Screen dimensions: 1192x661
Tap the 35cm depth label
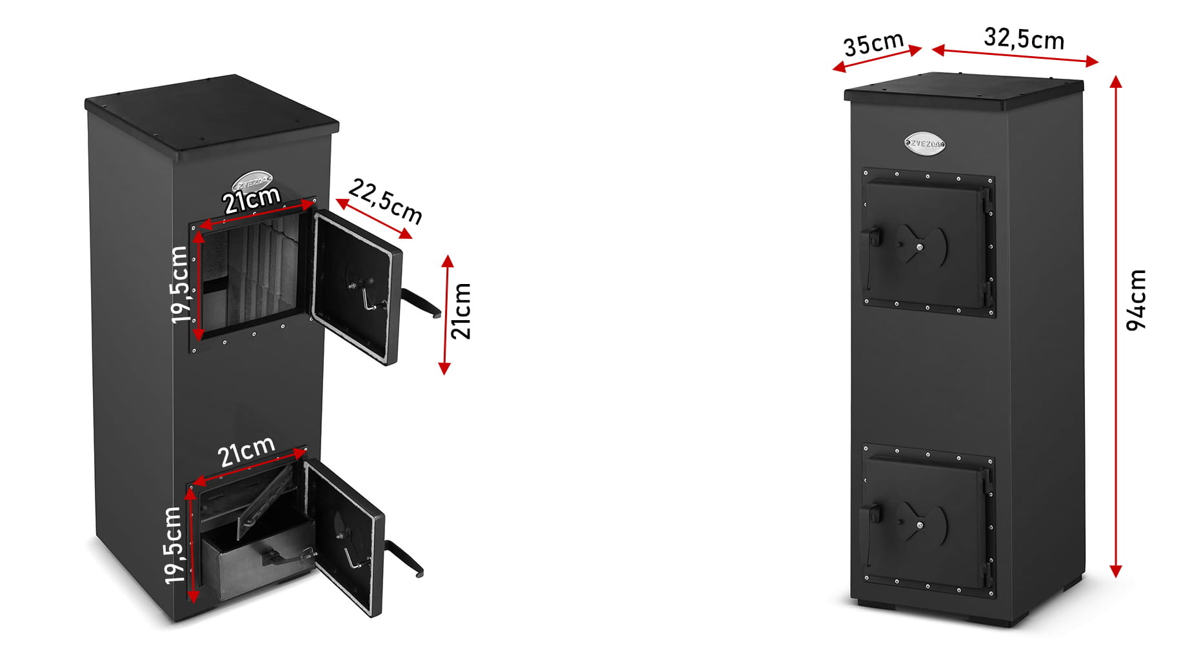[x=874, y=44]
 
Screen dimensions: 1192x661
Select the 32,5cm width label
[x=1024, y=39]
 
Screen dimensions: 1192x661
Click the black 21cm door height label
[x=461, y=311]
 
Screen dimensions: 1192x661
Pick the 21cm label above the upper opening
[x=252, y=199]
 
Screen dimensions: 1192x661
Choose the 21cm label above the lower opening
[x=246, y=451]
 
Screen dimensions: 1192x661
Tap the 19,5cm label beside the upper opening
[x=180, y=285]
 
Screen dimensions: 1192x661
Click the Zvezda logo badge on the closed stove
[x=926, y=144]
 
